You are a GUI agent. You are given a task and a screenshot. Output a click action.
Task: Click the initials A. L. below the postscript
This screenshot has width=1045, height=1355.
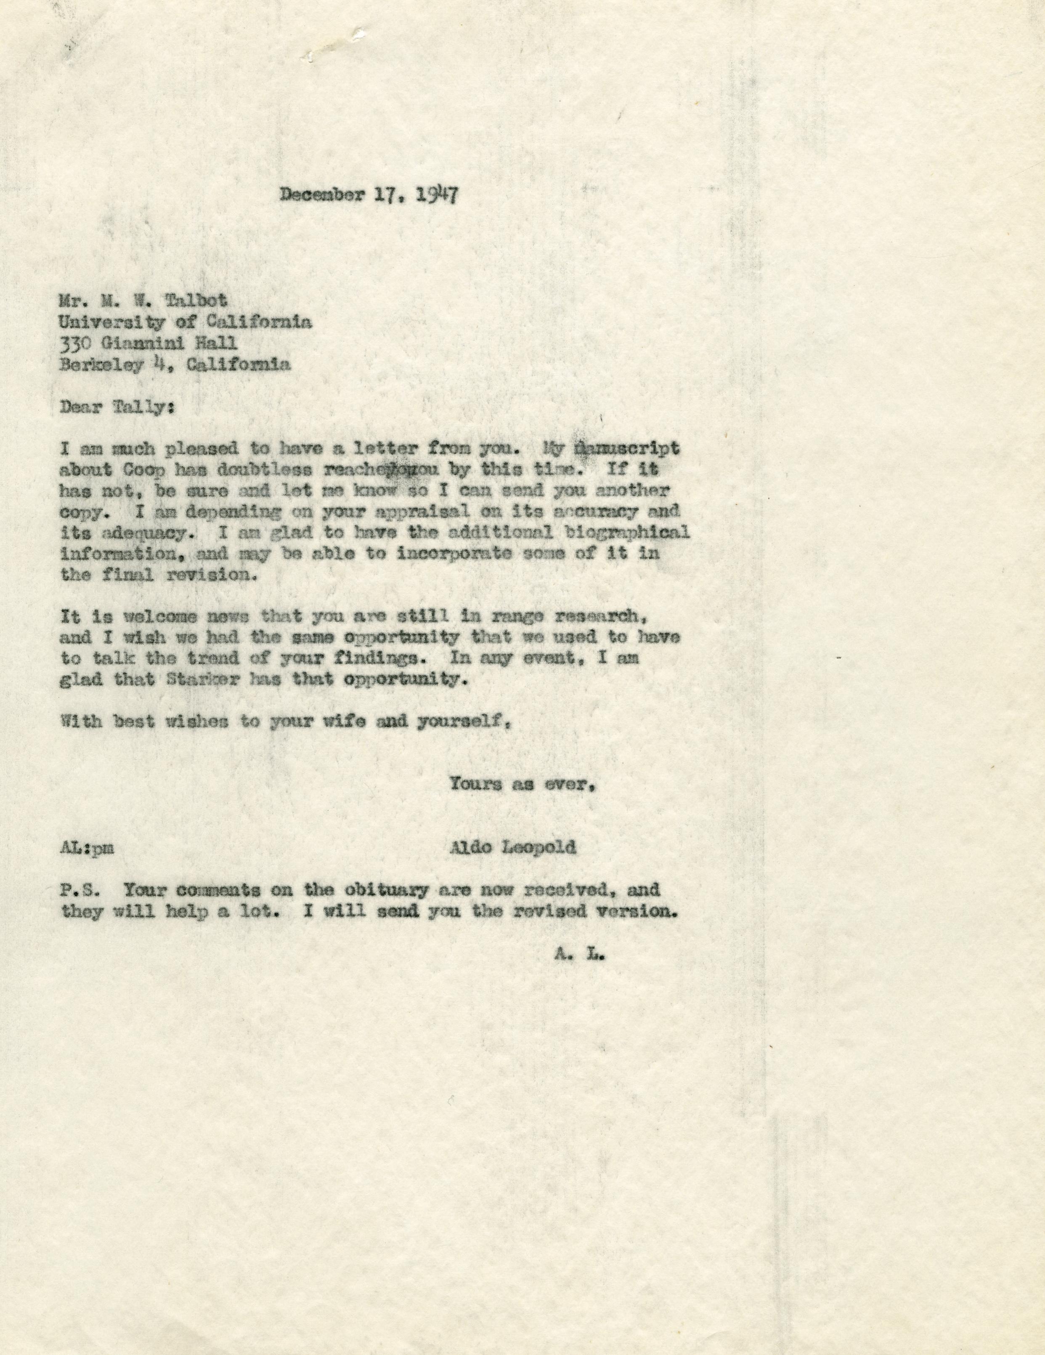tap(580, 955)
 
